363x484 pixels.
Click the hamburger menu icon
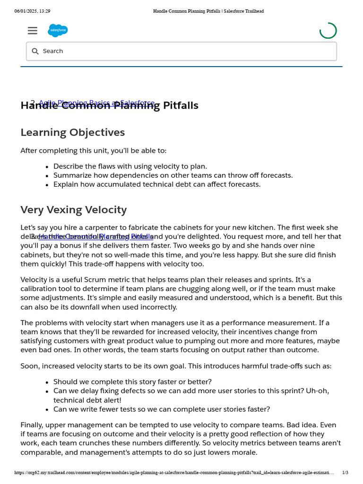32,31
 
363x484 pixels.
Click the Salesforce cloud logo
58,30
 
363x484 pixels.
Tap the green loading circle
328,31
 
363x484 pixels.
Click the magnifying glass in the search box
35,51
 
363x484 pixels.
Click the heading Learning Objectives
73,132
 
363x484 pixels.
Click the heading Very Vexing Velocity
74,209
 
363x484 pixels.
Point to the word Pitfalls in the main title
181,105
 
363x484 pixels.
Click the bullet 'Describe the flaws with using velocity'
130,166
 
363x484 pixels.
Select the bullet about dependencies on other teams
173,175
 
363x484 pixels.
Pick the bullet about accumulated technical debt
157,184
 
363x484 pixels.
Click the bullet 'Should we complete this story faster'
132,382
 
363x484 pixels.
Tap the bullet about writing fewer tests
162,409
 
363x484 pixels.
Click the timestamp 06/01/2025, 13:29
32,11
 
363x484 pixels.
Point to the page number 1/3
345,472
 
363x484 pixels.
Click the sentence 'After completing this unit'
94,151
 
